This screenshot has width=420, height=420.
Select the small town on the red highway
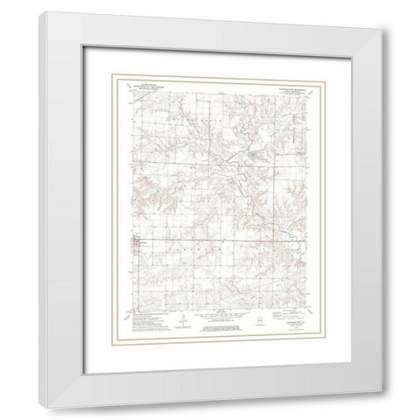[133, 240]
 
